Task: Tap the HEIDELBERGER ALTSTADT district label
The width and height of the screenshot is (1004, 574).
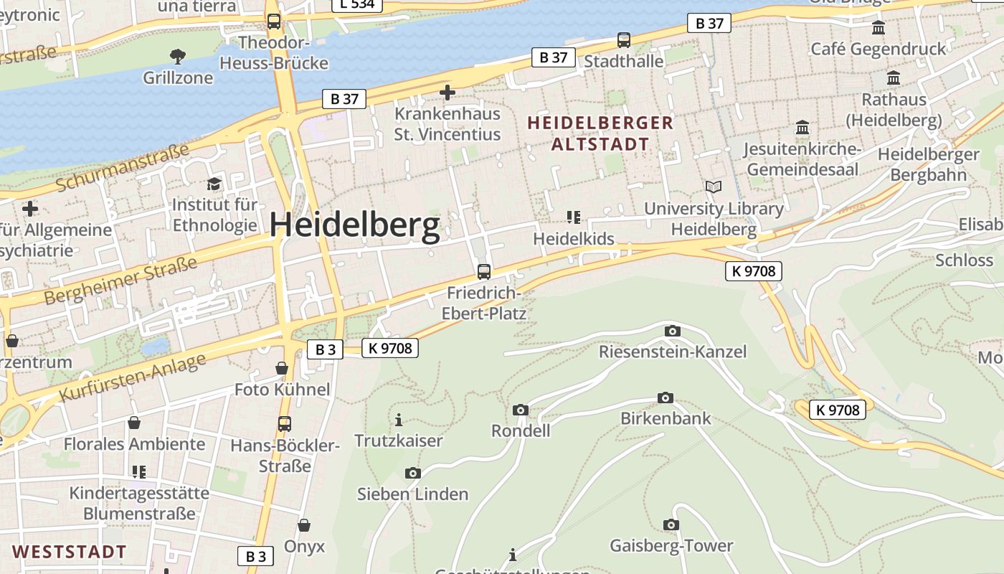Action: (600, 133)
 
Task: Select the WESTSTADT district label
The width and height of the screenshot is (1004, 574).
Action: (70, 552)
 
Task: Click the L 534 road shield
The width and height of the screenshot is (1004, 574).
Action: (357, 4)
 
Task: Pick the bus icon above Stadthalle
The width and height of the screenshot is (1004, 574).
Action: (624, 40)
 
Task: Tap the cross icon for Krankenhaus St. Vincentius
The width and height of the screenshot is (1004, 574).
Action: (447, 93)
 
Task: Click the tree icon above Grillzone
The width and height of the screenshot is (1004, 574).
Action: (177, 56)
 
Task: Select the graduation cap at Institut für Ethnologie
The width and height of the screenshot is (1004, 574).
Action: (214, 184)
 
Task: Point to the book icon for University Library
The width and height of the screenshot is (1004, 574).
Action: (713, 187)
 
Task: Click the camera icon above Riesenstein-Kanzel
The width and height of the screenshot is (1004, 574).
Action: (672, 331)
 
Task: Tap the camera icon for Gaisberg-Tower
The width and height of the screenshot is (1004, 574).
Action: (671, 525)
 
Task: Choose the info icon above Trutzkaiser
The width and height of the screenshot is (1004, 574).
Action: (399, 420)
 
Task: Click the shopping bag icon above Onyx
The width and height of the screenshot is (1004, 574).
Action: (304, 525)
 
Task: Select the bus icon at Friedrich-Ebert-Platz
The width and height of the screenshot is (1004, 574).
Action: (484, 272)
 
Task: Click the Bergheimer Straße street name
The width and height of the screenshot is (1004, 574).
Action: (120, 282)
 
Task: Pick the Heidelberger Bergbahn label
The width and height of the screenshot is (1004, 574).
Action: (928, 164)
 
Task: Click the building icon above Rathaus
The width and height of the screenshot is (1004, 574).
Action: (894, 78)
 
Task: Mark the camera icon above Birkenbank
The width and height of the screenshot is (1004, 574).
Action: (666, 397)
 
